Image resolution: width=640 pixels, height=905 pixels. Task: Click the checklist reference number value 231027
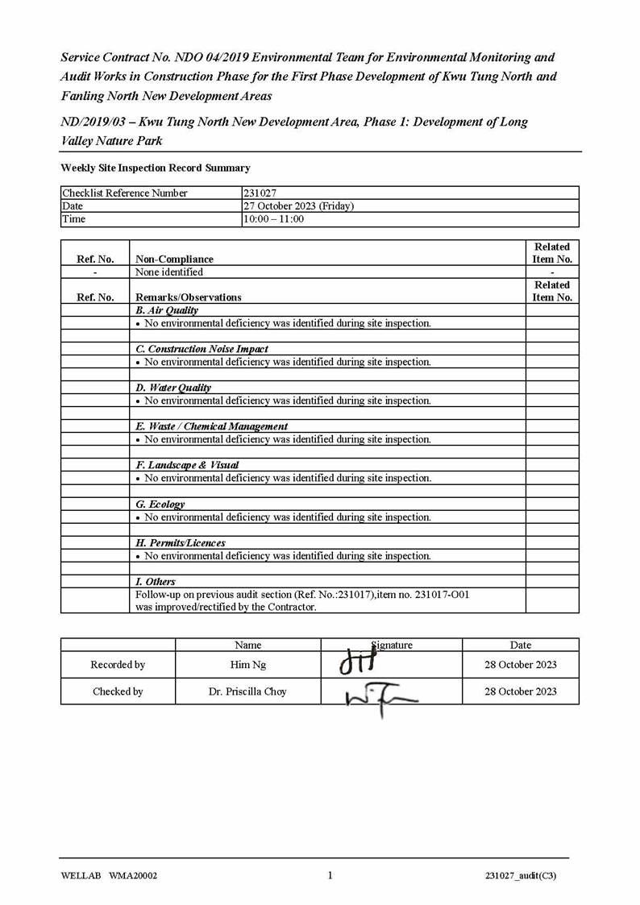(258, 193)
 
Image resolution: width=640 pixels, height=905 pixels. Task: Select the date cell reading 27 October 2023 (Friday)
(298, 206)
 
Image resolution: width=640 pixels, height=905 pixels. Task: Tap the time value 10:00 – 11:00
(274, 219)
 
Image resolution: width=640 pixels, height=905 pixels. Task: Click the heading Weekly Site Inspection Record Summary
(156, 168)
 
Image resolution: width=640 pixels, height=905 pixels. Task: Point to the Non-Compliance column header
(174, 259)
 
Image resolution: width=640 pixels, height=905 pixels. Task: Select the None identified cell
(169, 272)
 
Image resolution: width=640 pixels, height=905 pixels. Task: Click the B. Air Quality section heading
(167, 310)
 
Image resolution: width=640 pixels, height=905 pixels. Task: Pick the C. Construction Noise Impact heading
(202, 349)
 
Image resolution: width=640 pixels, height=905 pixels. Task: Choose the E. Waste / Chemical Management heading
(211, 426)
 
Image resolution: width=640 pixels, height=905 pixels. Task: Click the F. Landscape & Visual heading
(187, 465)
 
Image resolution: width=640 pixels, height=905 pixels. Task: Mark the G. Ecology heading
(160, 504)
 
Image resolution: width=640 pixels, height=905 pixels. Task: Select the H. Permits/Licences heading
(181, 543)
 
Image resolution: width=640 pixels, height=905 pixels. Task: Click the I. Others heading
(156, 582)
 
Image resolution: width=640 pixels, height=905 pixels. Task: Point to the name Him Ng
(247, 665)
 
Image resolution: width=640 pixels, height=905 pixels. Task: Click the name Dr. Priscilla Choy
(247, 691)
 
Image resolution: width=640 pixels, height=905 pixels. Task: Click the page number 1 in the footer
(330, 876)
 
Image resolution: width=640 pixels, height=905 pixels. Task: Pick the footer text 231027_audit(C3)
(521, 877)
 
